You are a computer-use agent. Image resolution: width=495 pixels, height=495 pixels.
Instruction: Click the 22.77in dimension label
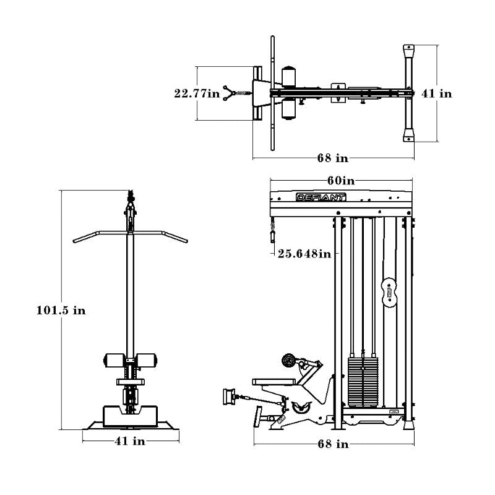click(197, 93)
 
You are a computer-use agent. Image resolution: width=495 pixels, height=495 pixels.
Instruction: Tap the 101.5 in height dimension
click(61, 311)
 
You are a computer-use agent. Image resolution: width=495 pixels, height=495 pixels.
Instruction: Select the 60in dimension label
click(341, 181)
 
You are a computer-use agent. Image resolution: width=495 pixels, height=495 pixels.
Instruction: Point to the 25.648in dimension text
click(304, 254)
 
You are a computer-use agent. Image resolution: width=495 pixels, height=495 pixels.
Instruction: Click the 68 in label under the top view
click(333, 158)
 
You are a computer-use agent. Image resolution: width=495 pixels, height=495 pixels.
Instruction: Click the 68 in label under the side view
click(333, 444)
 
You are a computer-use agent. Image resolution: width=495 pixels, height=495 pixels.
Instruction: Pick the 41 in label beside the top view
click(437, 93)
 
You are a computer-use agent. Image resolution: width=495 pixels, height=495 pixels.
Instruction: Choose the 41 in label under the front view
click(130, 441)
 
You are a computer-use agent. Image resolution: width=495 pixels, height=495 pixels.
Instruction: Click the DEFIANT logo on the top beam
click(321, 197)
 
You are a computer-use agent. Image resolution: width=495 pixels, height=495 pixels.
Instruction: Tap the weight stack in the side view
click(363, 382)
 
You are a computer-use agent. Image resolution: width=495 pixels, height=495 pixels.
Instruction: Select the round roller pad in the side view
click(288, 360)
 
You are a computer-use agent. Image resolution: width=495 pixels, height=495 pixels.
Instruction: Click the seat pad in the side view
click(274, 382)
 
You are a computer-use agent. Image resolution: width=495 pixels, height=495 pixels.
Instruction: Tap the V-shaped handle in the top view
click(229, 93)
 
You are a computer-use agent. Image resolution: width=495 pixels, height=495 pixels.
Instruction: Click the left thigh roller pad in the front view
click(114, 360)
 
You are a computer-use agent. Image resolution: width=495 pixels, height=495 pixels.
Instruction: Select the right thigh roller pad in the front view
click(147, 360)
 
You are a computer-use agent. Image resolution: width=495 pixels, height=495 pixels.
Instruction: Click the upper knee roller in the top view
click(288, 77)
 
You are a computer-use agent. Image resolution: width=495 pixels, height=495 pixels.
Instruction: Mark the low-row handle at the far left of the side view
click(229, 397)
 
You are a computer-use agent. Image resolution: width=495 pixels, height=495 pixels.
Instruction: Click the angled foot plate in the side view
click(258, 416)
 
